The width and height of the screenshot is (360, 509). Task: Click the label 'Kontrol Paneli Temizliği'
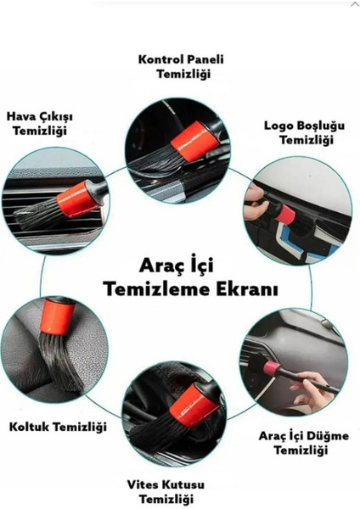pos(177,66)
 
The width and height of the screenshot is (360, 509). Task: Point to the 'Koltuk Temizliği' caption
pos(57,427)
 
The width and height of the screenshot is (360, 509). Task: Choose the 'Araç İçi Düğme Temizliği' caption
pos(302,443)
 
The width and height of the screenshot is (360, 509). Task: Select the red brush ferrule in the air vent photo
pos(77,199)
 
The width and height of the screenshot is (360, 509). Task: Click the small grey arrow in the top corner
pos(353,5)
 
